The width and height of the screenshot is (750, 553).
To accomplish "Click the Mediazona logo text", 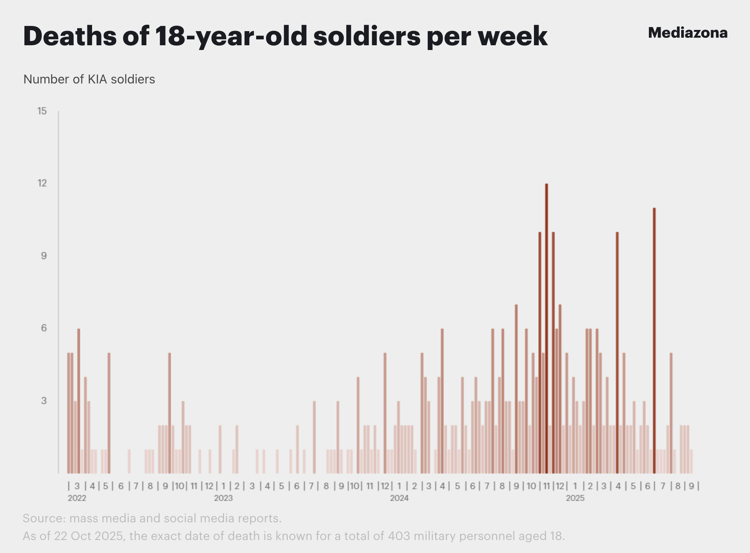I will click(x=687, y=33).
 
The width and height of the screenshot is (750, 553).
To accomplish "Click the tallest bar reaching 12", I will click(x=547, y=328).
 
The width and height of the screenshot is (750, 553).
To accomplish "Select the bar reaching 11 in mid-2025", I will click(x=654, y=340).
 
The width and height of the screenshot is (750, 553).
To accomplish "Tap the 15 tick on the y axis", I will click(x=42, y=111).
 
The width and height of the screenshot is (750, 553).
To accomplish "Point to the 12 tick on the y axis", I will click(x=42, y=183).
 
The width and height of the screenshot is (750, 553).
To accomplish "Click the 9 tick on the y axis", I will click(x=44, y=256).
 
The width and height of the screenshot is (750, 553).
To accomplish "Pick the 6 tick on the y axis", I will click(x=44, y=328).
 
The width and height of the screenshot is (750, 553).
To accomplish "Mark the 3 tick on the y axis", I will click(x=44, y=401).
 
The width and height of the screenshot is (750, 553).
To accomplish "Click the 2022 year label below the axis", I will click(x=77, y=498).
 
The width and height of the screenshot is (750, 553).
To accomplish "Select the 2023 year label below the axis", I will click(x=223, y=498).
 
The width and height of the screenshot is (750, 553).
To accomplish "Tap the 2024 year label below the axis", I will click(x=399, y=498).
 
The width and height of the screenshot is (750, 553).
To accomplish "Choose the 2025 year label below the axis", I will click(x=575, y=498).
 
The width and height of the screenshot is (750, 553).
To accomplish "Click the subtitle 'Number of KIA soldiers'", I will click(x=89, y=79).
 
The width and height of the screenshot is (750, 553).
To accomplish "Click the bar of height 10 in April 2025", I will click(x=617, y=353).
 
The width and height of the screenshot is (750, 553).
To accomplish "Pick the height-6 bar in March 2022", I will click(x=79, y=401).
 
